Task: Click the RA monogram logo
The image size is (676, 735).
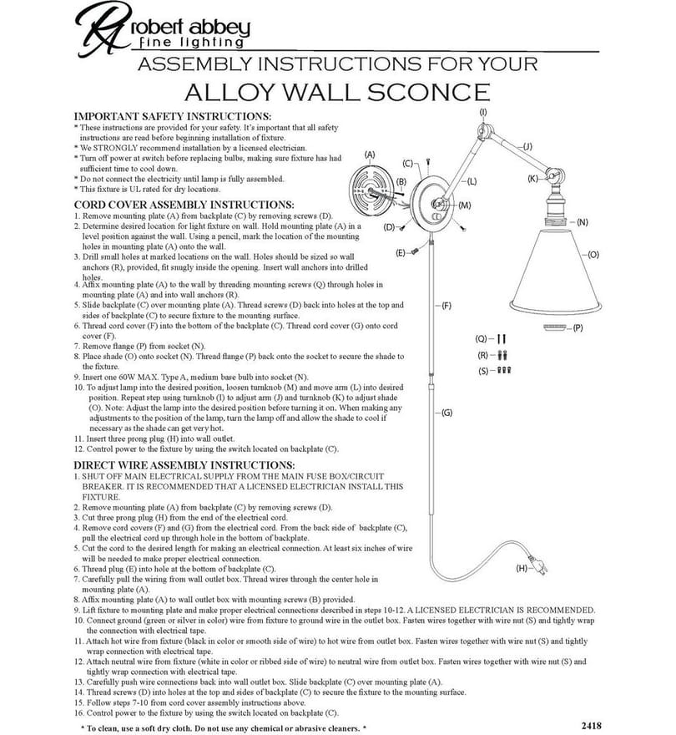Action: click(102, 29)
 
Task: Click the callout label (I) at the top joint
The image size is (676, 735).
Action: click(483, 113)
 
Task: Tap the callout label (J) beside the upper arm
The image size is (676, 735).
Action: click(527, 147)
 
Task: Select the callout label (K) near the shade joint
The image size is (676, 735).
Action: click(532, 179)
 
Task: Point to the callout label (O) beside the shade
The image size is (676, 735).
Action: click(593, 255)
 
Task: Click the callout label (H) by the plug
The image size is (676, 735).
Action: click(522, 569)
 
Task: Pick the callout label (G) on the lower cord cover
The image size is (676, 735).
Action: click(447, 413)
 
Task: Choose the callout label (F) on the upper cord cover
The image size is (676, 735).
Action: click(446, 306)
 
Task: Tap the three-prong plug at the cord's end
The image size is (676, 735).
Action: click(538, 565)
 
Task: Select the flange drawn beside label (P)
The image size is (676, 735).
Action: click(556, 327)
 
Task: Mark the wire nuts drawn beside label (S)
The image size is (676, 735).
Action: click(503, 370)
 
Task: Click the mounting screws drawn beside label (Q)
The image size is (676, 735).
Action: click(502, 338)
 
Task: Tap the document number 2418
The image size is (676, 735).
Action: click(591, 726)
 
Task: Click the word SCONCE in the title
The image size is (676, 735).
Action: click(428, 93)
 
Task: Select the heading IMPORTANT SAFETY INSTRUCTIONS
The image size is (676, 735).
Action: click(173, 116)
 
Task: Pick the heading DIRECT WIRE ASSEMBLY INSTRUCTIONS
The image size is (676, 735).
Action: click(184, 465)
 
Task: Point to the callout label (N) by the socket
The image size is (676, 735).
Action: click(583, 222)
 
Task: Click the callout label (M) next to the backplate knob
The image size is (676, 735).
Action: click(465, 205)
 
